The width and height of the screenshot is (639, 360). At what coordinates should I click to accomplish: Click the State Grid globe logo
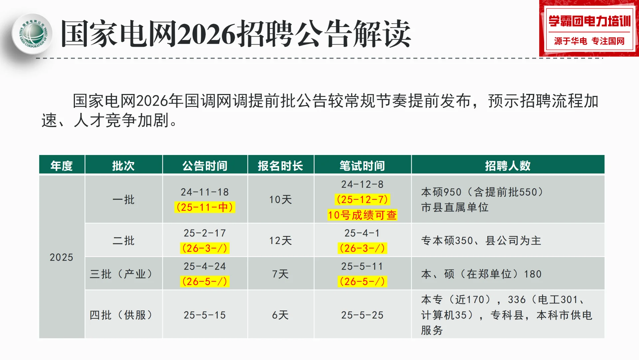pos(32,34)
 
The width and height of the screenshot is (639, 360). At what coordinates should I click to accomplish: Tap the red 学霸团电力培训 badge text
pos(589,21)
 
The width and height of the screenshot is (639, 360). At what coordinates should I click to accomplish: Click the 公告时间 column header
pos(205,166)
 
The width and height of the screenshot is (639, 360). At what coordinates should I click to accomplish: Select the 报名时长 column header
pos(280,166)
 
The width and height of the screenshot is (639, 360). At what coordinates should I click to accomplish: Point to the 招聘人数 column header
pos(508,166)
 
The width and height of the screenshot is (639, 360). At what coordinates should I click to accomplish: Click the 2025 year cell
pos(61,257)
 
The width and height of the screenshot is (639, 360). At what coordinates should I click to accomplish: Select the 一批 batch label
pos(123,200)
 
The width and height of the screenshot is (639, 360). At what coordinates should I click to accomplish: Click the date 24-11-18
pos(205,192)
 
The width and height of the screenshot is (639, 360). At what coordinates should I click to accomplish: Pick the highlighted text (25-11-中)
pos(205,207)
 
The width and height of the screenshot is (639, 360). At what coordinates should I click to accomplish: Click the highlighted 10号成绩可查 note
pos(362,215)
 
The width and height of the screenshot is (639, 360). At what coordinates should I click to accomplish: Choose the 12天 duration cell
pos(280,241)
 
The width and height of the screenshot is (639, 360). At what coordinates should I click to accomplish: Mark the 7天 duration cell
pos(280,274)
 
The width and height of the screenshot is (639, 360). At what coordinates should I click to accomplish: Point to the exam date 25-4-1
pos(362,233)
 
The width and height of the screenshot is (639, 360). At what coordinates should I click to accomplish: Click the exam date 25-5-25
pos(362,315)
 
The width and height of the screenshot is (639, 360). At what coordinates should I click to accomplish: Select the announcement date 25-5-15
pos(205,315)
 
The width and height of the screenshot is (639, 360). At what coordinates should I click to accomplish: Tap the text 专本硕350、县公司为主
pos(481,241)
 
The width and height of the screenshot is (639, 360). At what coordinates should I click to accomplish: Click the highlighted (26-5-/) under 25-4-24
pos(205,282)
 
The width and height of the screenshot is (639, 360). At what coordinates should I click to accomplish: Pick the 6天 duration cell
pos(280,315)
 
